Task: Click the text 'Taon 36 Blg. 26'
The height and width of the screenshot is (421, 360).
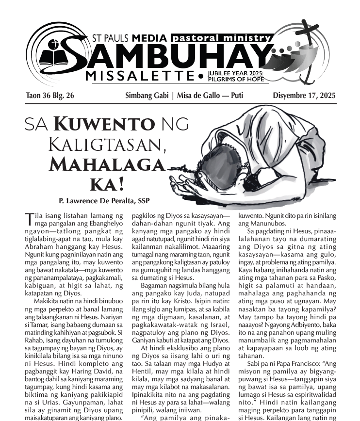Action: point(50,96)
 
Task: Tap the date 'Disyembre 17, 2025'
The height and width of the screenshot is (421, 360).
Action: point(304,96)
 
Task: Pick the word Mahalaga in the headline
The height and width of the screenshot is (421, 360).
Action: point(107,165)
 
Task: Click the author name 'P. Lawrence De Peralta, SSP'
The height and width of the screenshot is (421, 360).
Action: point(97,200)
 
